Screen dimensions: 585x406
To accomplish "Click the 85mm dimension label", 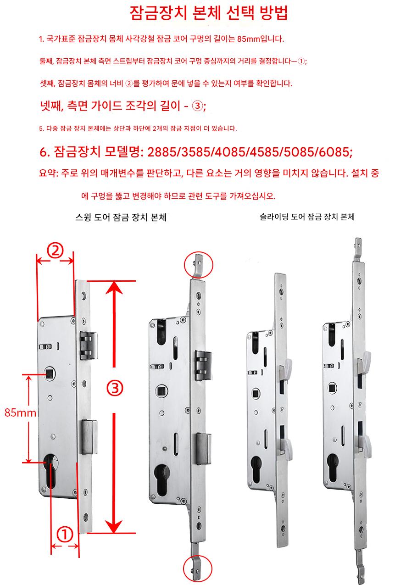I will point(20,412).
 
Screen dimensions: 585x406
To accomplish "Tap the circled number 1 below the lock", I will point(65,534).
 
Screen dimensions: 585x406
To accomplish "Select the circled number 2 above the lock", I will point(55,251).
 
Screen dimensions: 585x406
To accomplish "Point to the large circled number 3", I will point(115,388).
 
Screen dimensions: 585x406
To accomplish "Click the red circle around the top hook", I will point(199,265).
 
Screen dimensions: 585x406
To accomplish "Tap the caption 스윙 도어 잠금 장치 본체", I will point(121,218).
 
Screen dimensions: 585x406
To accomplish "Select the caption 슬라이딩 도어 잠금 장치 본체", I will point(307,217).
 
